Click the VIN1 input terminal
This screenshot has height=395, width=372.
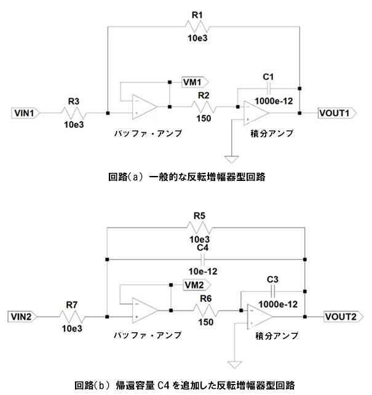(26, 113)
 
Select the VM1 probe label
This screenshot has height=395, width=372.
(194, 81)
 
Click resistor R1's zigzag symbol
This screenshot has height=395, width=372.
(198, 25)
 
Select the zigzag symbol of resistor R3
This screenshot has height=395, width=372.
(73, 113)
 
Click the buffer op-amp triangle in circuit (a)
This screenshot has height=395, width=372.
(143, 105)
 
